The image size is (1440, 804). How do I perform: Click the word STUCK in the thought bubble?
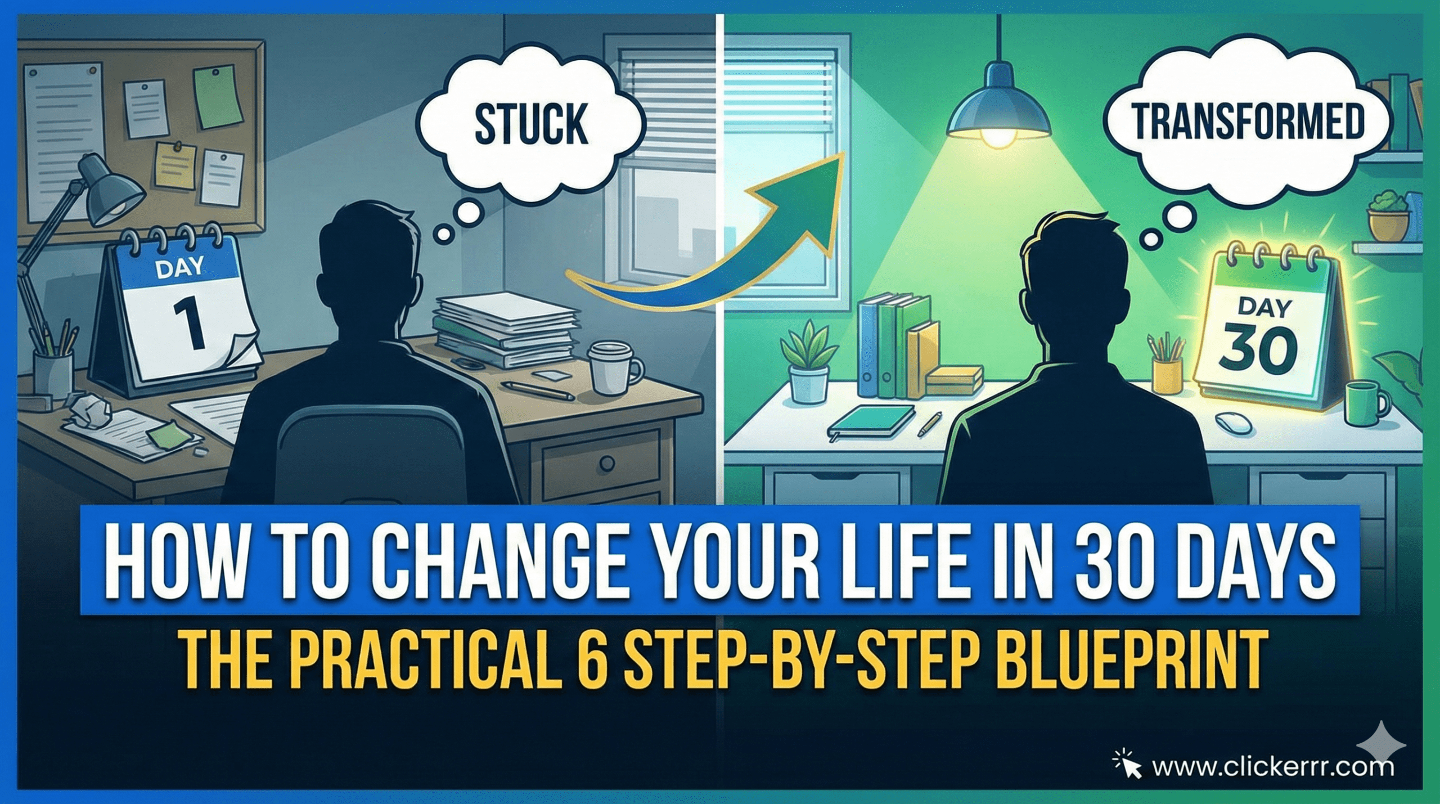pos(531,124)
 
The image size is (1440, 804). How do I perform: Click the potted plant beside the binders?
pos(809,360)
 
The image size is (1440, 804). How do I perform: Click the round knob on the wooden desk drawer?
pos(607,464)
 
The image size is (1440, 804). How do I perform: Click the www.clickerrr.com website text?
pos(1272,767)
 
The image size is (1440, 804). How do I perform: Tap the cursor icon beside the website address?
pos(1128,765)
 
